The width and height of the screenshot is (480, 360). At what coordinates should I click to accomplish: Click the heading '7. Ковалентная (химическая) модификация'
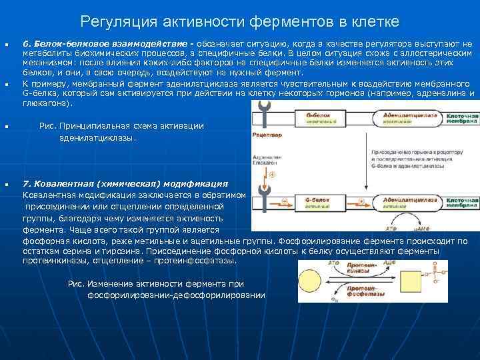point(125,183)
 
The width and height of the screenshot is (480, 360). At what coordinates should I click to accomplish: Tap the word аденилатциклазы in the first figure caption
point(96,138)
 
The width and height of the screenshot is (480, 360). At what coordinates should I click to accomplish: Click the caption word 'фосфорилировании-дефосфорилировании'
point(176,295)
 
